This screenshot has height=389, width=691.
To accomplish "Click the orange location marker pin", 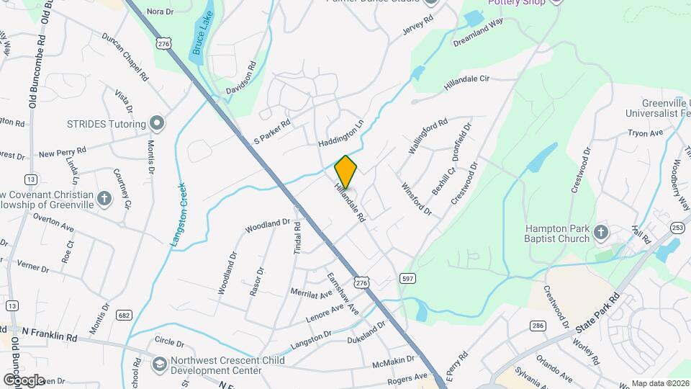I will point(345,172).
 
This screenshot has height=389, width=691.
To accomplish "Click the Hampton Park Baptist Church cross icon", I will point(602,233).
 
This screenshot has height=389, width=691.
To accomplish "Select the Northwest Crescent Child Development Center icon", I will point(158,365).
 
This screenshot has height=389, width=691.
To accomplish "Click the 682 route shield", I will point(125,315).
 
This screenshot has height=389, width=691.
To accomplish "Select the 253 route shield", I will point(677,228).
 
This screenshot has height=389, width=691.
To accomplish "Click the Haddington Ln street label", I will point(340,129).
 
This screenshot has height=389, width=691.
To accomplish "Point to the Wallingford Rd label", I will point(428,135).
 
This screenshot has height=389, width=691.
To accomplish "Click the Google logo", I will point(23,380).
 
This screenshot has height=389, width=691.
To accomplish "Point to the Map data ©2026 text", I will point(660,383).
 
